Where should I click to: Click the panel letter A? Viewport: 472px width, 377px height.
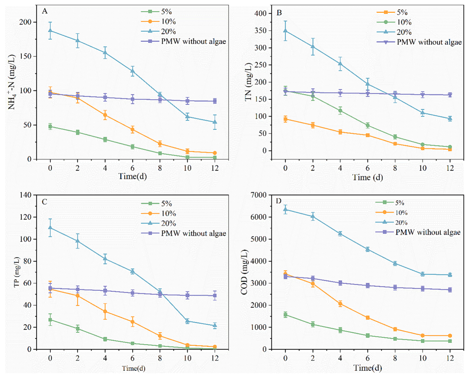[45, 11]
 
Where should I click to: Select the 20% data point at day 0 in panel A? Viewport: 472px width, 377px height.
[50, 31]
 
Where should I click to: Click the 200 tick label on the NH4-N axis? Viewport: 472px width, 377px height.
[25, 22]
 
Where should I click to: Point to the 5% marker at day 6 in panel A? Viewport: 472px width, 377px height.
[132, 147]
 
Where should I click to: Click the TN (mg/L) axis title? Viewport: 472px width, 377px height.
[248, 82]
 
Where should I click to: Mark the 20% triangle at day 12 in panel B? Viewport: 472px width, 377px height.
[450, 118]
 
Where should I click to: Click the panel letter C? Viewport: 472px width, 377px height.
[45, 202]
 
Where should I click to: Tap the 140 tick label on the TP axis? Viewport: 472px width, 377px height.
[25, 195]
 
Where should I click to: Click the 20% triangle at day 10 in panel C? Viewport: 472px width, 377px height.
[187, 321]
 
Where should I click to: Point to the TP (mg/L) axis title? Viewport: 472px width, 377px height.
[17, 272]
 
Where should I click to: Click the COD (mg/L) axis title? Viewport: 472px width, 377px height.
[244, 272]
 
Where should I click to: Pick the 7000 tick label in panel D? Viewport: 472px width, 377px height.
[259, 195]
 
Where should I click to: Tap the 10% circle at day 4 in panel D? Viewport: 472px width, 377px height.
[340, 304]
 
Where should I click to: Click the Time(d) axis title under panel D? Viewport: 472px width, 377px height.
[368, 368]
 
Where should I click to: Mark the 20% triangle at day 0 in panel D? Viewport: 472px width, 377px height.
[285, 209]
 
